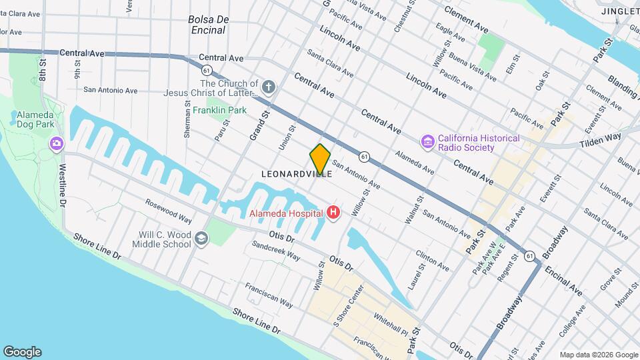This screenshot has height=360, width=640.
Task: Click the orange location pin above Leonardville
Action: click(x=320, y=158)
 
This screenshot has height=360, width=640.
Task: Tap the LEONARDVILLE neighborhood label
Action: click(x=297, y=173)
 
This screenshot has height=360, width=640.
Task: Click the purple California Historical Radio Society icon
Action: click(x=427, y=142)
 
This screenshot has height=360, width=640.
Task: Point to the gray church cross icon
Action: click(x=268, y=87)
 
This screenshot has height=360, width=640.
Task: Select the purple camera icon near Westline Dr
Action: click(x=56, y=143)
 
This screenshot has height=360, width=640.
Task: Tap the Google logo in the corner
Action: click(x=22, y=352)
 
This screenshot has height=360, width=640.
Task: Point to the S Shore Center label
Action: click(x=349, y=306)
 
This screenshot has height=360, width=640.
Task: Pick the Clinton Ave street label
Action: click(x=432, y=260)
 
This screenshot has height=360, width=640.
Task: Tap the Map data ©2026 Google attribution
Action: click(x=598, y=355)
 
